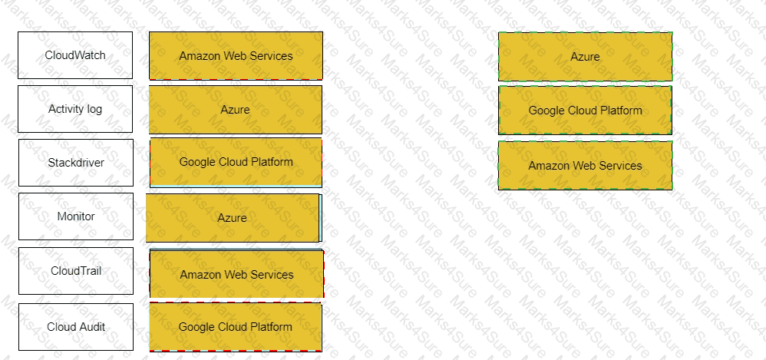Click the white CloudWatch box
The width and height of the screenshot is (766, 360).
75,55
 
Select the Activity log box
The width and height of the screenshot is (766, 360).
75,109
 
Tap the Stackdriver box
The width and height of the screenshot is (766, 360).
76,163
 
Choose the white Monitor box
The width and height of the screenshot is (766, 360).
76,216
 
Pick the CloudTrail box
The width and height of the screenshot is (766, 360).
76,271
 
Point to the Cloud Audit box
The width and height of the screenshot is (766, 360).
76,327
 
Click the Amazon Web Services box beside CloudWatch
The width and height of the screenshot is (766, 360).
236,56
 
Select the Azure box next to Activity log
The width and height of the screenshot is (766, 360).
236,110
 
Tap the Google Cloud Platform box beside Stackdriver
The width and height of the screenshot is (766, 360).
236,163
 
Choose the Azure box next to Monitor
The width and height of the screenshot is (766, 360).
233,218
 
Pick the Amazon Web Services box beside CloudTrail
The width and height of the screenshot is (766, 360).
236,274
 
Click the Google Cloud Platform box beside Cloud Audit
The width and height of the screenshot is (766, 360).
236,327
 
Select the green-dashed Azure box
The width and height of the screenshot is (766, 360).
586,57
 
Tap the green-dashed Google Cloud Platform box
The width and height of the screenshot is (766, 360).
586,111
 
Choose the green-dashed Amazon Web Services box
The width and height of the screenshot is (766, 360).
586,166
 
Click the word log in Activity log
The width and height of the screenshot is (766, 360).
94,109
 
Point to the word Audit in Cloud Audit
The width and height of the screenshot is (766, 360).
92,327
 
